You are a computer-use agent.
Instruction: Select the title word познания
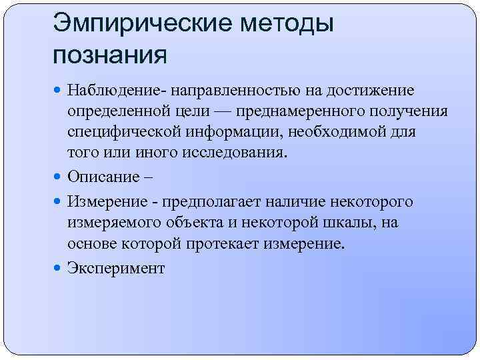pyautogui.click(x=109, y=53)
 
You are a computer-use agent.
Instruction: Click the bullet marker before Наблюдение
pyautogui.click(x=59, y=90)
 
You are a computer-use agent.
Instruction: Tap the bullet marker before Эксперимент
pyautogui.click(x=59, y=268)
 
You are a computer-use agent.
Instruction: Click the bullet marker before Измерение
pyautogui.click(x=59, y=202)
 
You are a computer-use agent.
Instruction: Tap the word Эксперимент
pyautogui.click(x=115, y=268)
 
